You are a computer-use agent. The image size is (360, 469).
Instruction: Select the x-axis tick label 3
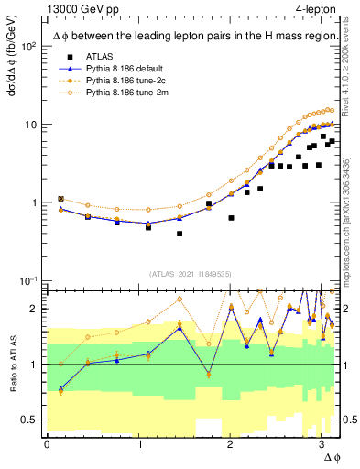pos(322,445)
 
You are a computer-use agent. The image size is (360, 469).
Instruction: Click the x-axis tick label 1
pos(138,445)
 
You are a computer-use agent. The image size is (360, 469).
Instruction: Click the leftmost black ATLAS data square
pos(60,198)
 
